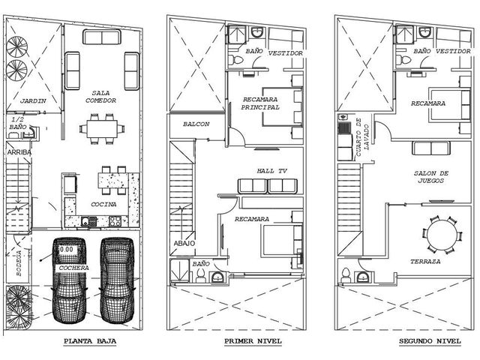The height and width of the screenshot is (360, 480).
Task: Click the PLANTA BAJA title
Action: click(90, 341)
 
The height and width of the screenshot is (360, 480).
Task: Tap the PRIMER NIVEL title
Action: click(253, 341)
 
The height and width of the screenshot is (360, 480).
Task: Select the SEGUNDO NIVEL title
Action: click(430, 341)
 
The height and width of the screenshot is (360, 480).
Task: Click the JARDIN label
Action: click(33, 100)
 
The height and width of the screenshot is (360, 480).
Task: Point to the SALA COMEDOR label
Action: click(101, 97)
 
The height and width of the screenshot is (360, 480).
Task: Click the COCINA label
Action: click(103, 204)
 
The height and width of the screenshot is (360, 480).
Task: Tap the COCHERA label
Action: click(73, 268)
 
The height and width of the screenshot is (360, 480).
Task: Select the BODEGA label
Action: click(19, 263)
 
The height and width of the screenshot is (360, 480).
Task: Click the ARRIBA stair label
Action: click(19, 152)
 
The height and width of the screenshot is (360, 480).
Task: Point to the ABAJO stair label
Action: click(184, 243)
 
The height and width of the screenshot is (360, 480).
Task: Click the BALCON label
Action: click(196, 124)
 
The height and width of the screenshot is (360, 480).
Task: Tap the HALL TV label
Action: click(271, 171)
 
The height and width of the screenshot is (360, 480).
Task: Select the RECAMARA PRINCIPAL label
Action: click(260, 103)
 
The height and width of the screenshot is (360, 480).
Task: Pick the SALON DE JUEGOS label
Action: click(431, 177)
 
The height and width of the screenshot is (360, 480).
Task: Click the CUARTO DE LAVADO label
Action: click(362, 137)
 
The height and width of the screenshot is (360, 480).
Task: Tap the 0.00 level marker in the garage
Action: click(67, 250)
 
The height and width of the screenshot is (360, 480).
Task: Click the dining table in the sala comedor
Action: click(102, 129)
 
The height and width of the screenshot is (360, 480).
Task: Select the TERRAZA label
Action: click(425, 262)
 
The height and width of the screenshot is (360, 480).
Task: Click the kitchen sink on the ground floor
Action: click(88, 221)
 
